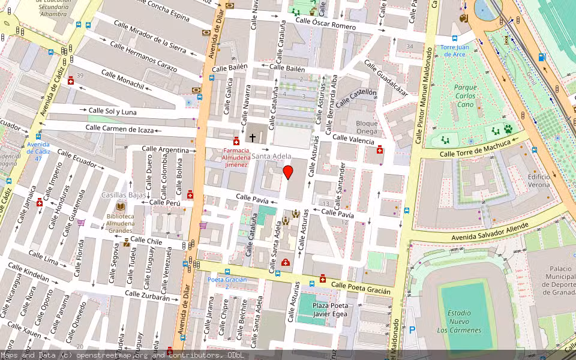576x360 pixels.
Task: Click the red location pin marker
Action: (288, 172)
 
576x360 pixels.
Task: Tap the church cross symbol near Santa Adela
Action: (253, 138)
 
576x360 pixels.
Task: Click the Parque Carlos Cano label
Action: (465, 95)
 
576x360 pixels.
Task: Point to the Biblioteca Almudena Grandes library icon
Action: (121, 206)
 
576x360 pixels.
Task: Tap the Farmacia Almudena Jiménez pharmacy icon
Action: (236, 141)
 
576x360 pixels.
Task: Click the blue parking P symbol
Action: (412, 329)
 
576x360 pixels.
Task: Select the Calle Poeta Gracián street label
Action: (361, 288)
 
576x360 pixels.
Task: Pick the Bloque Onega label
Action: (367, 127)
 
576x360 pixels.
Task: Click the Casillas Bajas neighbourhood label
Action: (124, 195)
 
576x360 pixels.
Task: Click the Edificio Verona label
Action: (539, 181)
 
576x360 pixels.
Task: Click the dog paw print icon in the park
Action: (508, 128)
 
